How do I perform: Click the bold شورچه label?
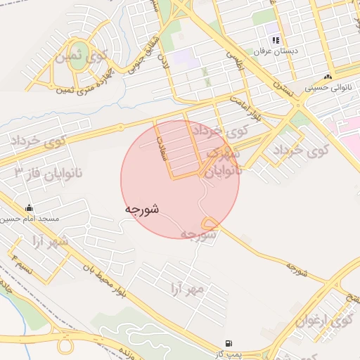coord(141,210)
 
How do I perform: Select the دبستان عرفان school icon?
coord(277,40)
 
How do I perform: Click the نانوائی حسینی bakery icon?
coord(327,77)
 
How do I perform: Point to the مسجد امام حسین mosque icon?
coord(29,208)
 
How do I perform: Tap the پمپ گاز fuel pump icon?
coord(229,344)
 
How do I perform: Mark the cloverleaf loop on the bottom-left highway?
coord(65,347)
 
